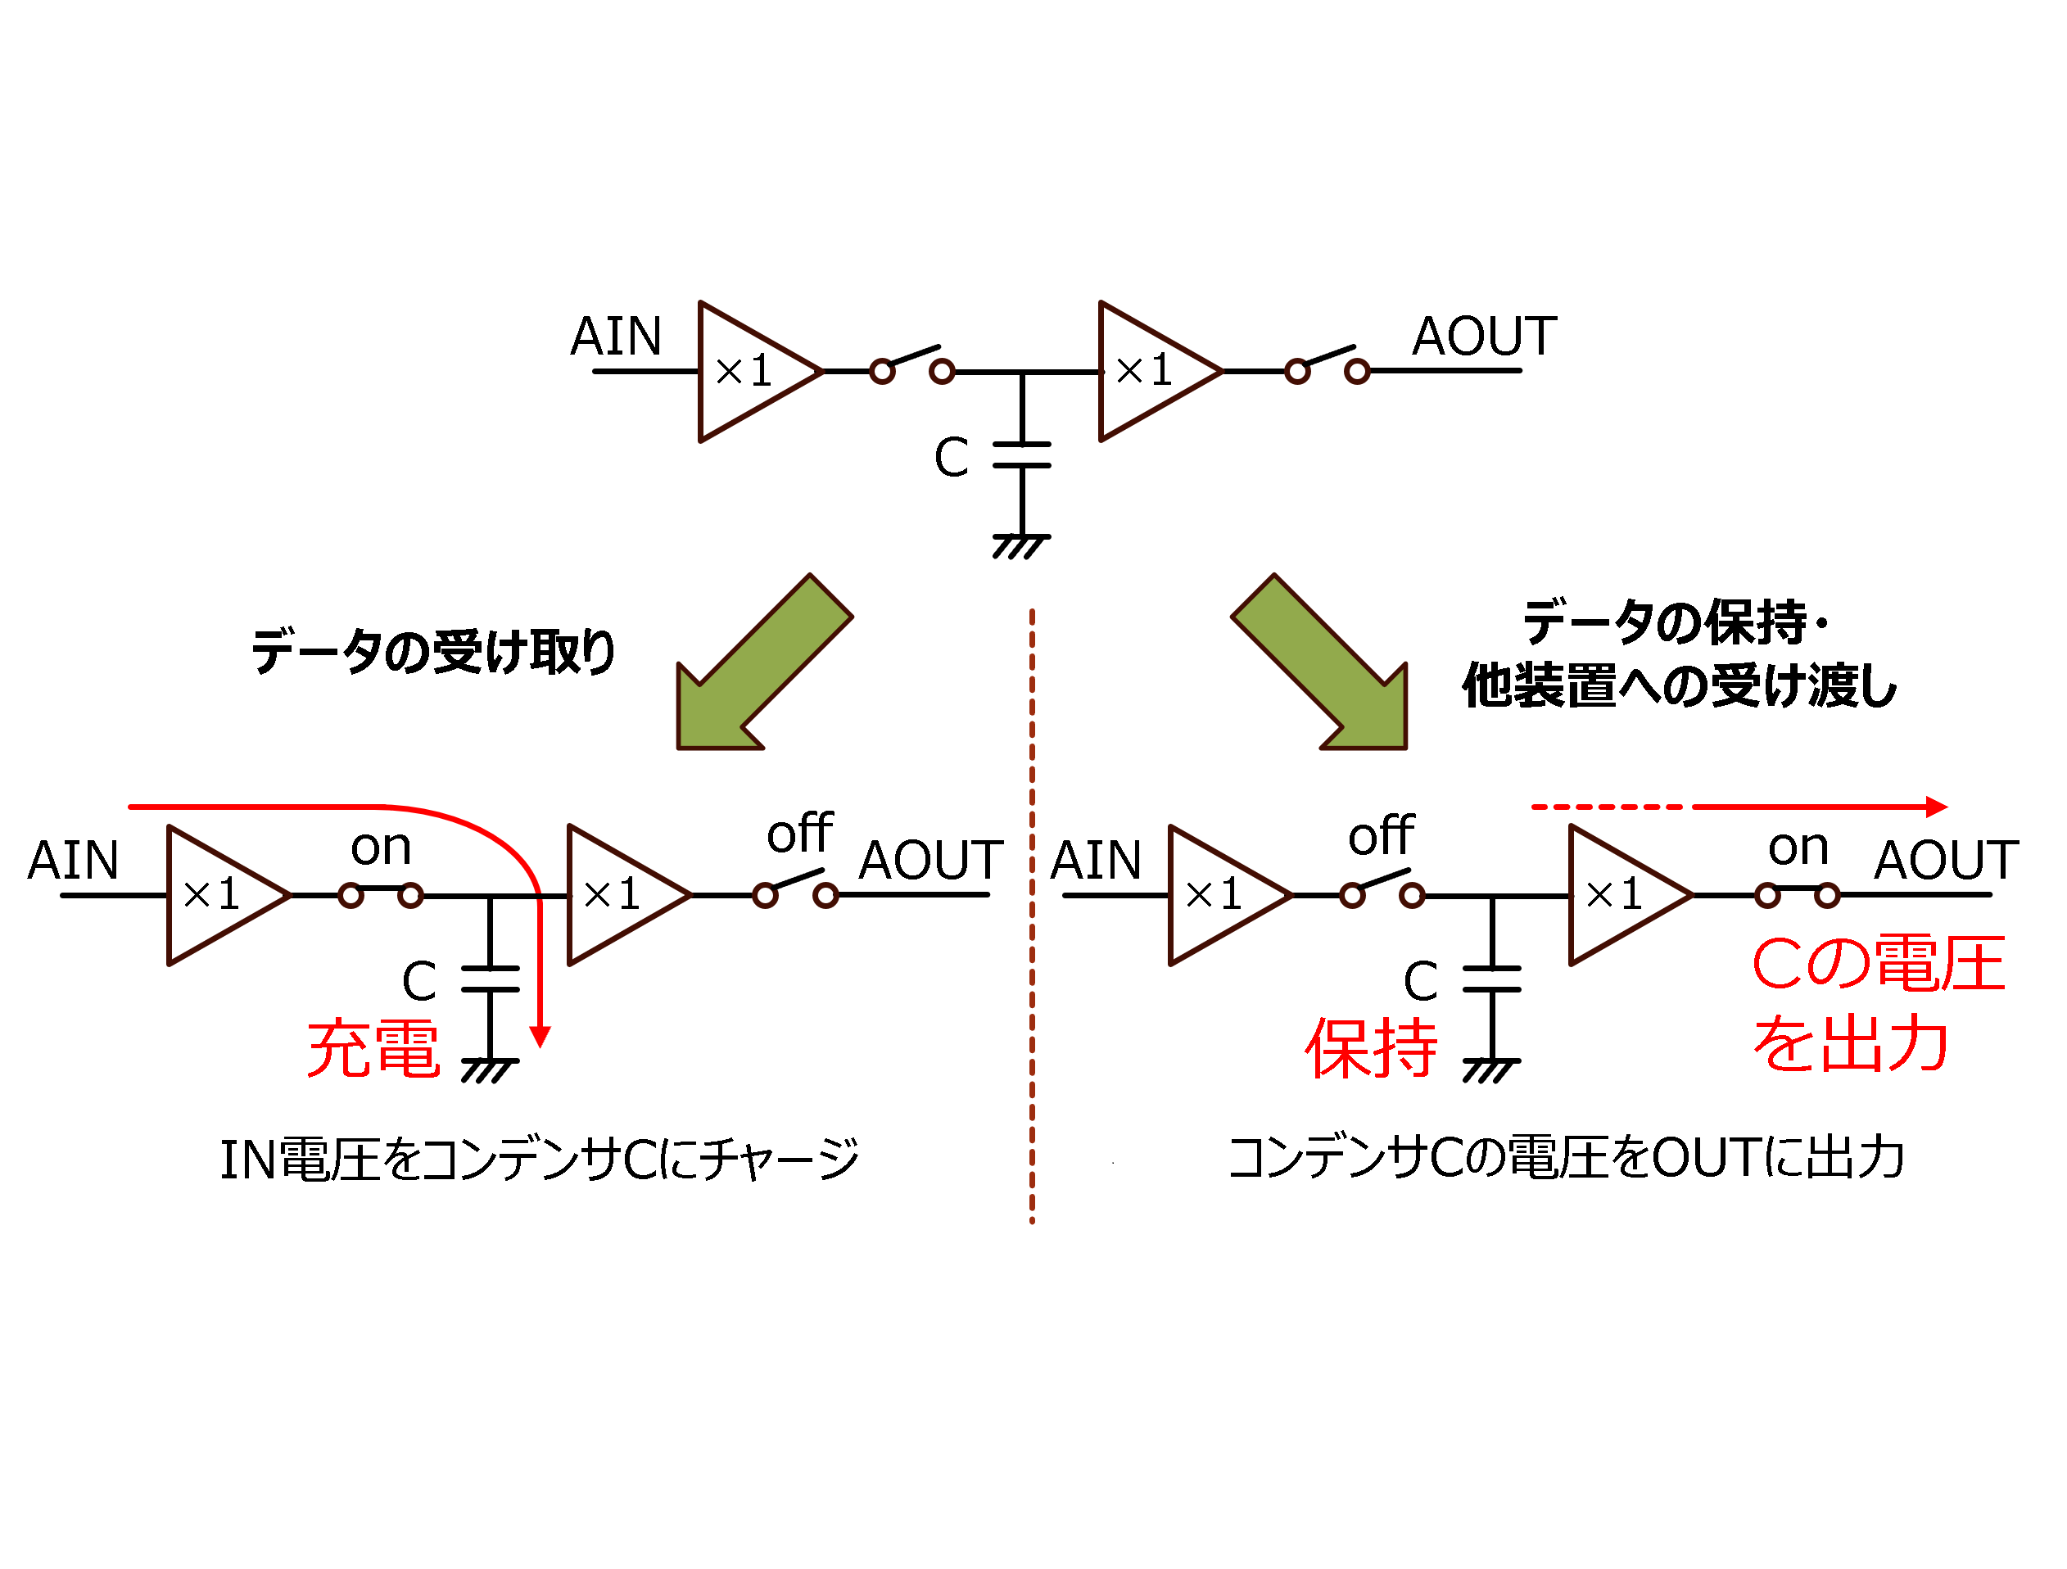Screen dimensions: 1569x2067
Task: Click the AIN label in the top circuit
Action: tap(616, 337)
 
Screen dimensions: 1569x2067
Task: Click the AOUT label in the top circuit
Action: tap(1484, 337)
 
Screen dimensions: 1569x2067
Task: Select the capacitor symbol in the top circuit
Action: tap(1022, 455)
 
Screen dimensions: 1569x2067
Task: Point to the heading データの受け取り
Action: tap(432, 651)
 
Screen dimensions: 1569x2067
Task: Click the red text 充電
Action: tap(373, 1048)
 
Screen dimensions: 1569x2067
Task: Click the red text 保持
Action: tap(1371, 1048)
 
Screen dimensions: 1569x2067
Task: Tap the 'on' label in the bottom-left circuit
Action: tap(380, 848)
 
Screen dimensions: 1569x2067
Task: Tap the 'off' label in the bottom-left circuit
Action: tap(800, 834)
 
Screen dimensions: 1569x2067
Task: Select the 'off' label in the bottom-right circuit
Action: tap(1381, 835)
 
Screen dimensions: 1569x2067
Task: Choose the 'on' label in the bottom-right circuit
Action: tap(1798, 848)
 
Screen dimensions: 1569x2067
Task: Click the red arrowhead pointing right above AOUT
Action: tap(1937, 807)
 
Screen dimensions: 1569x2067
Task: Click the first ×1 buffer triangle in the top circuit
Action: tap(753, 372)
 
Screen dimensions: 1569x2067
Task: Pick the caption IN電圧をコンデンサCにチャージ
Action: tap(539, 1160)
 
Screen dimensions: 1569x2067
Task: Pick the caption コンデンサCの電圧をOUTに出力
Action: tap(1566, 1158)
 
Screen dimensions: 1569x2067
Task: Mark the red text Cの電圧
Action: tap(1879, 964)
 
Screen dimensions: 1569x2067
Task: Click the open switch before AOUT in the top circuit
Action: tap(1327, 364)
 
